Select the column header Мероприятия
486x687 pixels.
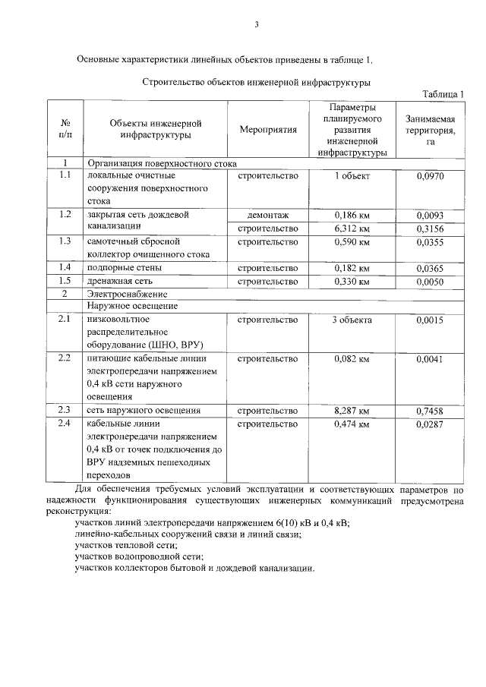click(x=267, y=130)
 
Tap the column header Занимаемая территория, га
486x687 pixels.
click(x=430, y=130)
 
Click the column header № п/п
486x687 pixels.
click(x=65, y=130)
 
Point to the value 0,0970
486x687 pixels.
click(x=430, y=176)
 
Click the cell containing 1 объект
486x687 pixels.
click(x=352, y=176)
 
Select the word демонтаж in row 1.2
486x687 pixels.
click(x=267, y=216)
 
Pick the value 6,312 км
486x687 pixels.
click(x=352, y=228)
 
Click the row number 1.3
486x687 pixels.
click(x=65, y=241)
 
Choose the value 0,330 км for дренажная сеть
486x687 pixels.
click(x=352, y=281)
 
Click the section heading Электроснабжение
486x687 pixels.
click(x=126, y=294)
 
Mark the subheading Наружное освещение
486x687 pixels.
click(x=132, y=306)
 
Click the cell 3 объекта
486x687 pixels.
click(x=352, y=320)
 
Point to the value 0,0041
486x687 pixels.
click(x=430, y=359)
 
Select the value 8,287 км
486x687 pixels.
click(x=352, y=411)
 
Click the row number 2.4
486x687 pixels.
click(x=65, y=424)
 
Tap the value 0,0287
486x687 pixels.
click(x=430, y=424)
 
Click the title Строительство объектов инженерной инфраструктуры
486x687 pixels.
click(x=256, y=80)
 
